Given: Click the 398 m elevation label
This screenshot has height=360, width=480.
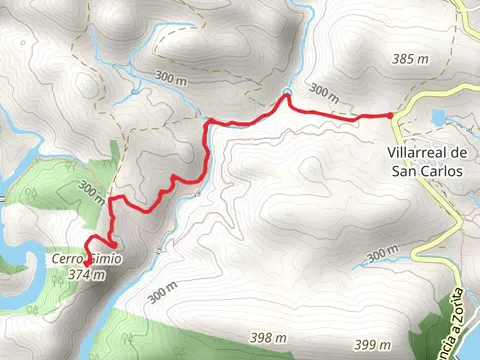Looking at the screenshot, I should (267, 339).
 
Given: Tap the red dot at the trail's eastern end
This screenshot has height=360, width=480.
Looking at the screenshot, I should (389, 117).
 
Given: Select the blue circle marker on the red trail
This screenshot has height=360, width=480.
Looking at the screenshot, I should (287, 95).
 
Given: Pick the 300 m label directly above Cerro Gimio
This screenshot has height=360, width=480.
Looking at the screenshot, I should (92, 191).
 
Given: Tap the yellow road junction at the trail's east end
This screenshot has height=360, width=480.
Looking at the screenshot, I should (393, 117).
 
